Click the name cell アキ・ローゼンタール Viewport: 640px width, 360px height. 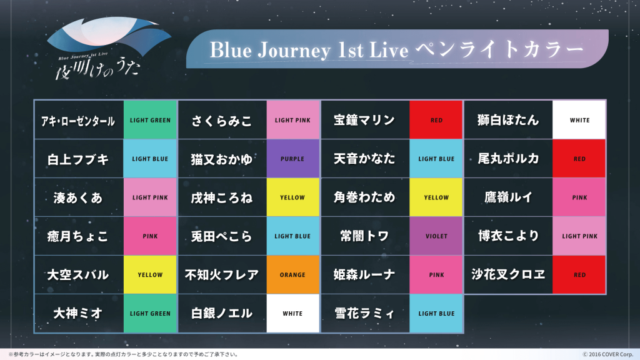[x=78, y=121]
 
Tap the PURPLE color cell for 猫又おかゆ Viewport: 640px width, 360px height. [x=292, y=159]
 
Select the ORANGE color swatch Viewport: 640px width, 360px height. [x=292, y=275]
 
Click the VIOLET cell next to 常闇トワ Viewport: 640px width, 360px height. [x=436, y=236]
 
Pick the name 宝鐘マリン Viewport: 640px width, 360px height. [x=364, y=121]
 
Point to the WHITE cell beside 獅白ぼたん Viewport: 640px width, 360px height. [x=579, y=121]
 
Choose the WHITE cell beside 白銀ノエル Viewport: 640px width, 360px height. [x=292, y=314]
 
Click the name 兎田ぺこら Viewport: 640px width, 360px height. [x=222, y=236]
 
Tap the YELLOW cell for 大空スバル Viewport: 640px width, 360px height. [x=150, y=275]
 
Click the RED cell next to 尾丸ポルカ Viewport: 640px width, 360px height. [x=579, y=159]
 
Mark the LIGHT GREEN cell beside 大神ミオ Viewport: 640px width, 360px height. [x=150, y=314]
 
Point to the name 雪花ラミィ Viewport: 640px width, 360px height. [x=364, y=314]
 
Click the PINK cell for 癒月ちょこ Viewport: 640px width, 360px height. [x=150, y=236]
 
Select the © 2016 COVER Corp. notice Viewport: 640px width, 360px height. [x=607, y=354]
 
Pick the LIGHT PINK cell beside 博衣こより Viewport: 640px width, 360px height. [x=579, y=236]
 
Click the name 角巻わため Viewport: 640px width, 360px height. [x=364, y=197]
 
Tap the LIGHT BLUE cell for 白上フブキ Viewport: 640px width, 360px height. [x=150, y=159]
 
